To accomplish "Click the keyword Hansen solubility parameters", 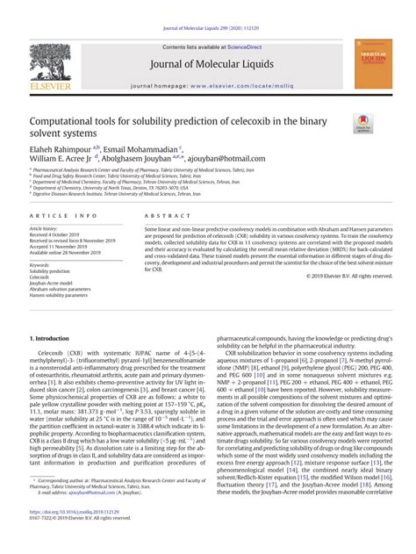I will pos(60,296).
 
